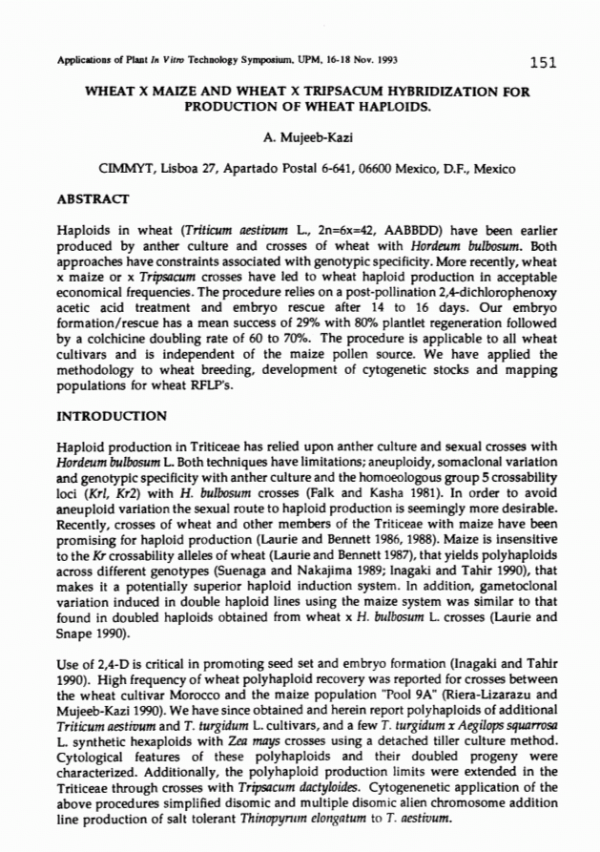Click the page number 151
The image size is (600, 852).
542,63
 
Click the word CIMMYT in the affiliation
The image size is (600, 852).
126,170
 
